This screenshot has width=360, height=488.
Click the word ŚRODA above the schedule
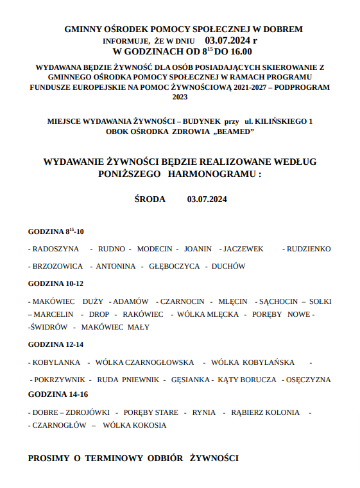(x=150, y=199)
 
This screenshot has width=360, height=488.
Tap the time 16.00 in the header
(x=239, y=52)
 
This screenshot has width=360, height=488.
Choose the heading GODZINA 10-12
(x=56, y=283)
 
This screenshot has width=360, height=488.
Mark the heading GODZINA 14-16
(x=58, y=394)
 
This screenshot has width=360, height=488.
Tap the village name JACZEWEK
(x=244, y=248)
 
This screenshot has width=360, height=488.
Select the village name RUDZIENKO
(x=309, y=248)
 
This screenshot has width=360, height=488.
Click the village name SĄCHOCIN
(x=278, y=301)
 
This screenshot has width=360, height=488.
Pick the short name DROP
(x=99, y=314)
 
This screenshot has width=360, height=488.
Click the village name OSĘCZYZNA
(x=309, y=380)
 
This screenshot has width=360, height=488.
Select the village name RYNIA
(x=203, y=412)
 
